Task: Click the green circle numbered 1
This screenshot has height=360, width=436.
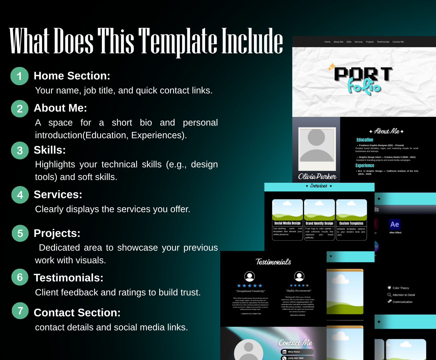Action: pyautogui.click(x=19, y=76)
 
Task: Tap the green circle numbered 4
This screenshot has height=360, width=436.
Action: pyautogui.click(x=20, y=195)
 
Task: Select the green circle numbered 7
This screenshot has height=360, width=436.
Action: pyautogui.click(x=20, y=311)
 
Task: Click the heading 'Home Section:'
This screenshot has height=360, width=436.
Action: pyautogui.click(x=72, y=76)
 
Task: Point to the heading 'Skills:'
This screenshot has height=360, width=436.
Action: pyautogui.click(x=50, y=150)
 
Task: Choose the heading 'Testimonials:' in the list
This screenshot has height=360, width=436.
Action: pyautogui.click(x=68, y=278)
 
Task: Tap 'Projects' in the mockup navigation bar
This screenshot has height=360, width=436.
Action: pyautogui.click(x=370, y=42)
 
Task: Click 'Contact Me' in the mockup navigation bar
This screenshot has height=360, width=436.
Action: pyautogui.click(x=398, y=42)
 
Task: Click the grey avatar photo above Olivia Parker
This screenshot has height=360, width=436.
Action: pyautogui.click(x=317, y=148)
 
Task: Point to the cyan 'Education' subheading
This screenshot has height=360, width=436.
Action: pyautogui.click(x=365, y=140)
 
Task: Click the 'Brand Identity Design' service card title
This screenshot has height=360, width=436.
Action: pyautogui.click(x=319, y=223)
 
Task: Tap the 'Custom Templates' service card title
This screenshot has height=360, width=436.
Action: pyautogui.click(x=351, y=223)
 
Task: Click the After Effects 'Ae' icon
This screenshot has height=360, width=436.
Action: pyautogui.click(x=395, y=224)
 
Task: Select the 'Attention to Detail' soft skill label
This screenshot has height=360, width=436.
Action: pyautogui.click(x=404, y=295)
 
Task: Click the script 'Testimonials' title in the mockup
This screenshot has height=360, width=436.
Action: pyautogui.click(x=273, y=262)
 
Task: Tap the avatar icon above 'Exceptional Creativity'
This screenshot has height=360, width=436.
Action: pyautogui.click(x=250, y=276)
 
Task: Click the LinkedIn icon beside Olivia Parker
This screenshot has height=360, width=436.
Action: pyautogui.click(x=284, y=352)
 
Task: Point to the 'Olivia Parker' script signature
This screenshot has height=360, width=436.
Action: pyautogui.click(x=317, y=176)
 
